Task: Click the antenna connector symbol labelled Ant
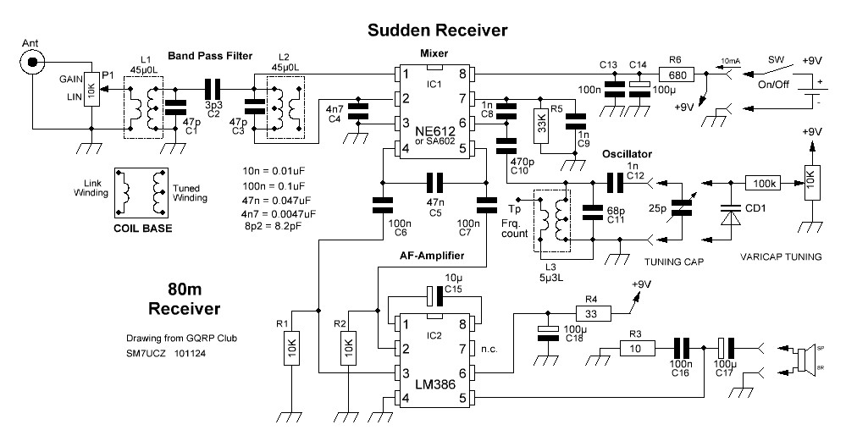(33, 62)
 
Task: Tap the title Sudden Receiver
(437, 30)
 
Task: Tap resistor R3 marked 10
(635, 347)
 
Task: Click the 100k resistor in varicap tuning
(765, 182)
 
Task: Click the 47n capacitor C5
(434, 181)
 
